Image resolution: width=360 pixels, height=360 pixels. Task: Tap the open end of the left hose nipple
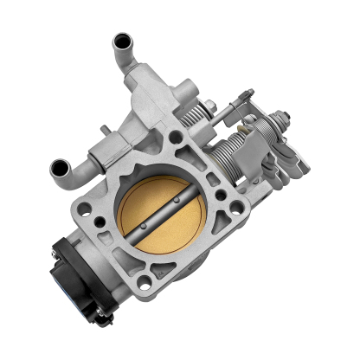(61, 167)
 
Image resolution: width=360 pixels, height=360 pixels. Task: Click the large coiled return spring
(234, 156)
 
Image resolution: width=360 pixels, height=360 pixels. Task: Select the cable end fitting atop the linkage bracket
(249, 95)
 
